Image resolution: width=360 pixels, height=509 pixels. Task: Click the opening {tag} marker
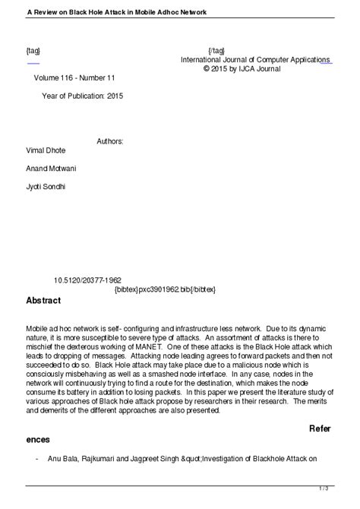33,50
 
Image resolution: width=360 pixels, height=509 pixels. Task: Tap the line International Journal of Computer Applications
254,59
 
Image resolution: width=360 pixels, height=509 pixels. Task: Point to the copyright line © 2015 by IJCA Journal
242,68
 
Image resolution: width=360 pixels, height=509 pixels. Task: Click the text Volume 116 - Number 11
74,78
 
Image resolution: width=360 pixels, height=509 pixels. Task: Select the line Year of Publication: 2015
82,96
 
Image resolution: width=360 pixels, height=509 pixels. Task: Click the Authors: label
110,142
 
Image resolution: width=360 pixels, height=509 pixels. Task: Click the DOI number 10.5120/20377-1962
88,280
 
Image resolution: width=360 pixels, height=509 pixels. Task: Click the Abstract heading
43,301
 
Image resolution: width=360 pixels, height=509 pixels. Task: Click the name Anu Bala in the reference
64,460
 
